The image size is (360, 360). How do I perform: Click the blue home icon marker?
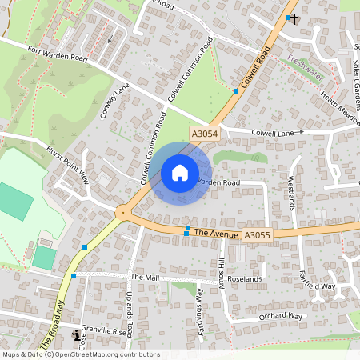point(180,173)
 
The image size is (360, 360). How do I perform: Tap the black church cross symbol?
point(294,18)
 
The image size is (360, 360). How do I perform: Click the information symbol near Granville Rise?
point(76,334)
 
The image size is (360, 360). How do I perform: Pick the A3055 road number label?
point(257,235)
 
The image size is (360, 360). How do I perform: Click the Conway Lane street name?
point(114,102)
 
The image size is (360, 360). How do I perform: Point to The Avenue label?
point(217,234)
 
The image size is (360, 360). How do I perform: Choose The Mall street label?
point(145,277)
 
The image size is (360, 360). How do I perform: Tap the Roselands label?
point(244,278)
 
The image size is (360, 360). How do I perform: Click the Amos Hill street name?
point(222,274)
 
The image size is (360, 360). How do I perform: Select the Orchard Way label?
point(280,317)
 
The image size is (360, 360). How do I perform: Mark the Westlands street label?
point(292,193)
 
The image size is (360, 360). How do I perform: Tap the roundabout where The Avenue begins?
point(122,213)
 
